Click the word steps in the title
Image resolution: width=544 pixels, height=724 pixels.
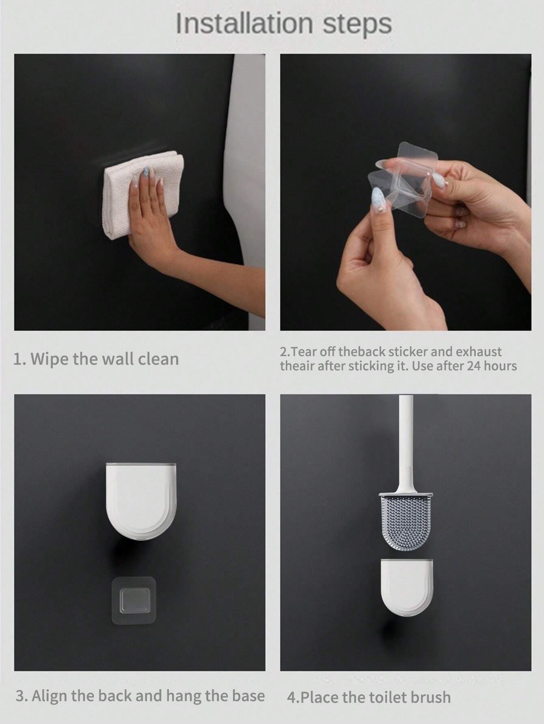(357, 25)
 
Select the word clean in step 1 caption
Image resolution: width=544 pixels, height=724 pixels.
(155, 359)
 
